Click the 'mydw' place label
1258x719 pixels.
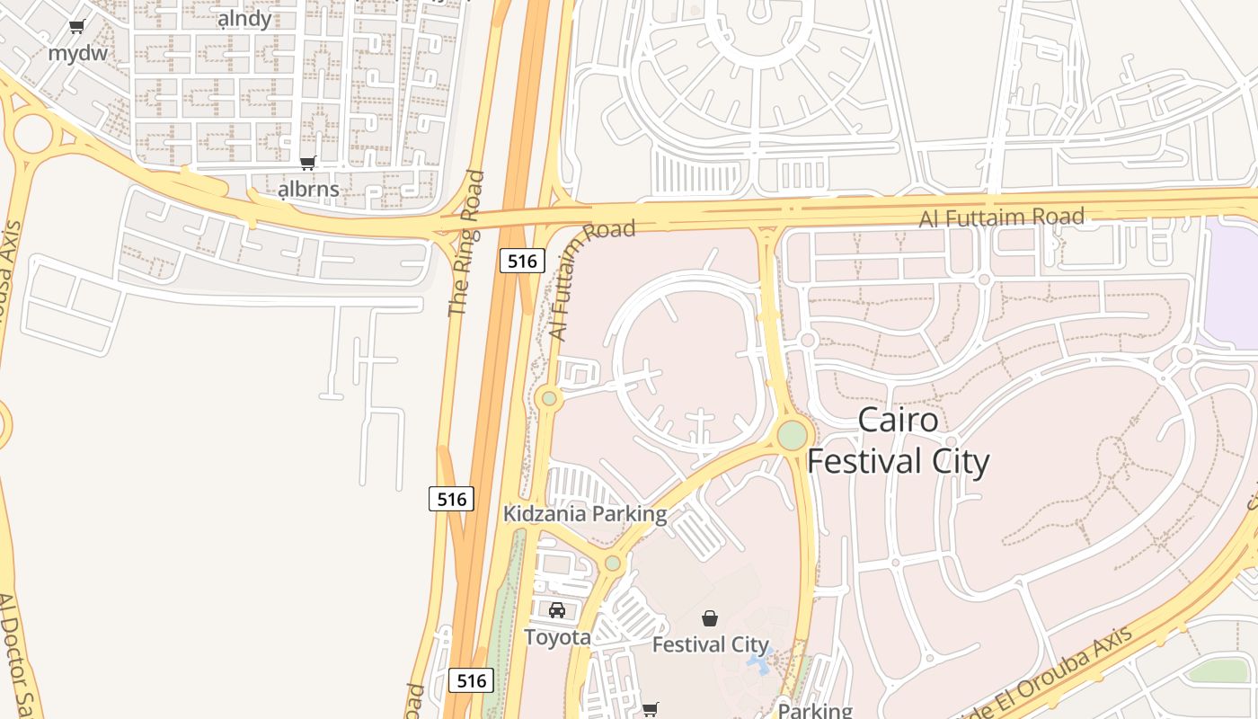(x=77, y=53)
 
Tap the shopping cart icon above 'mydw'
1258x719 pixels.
(x=77, y=27)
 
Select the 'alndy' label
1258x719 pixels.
(x=244, y=19)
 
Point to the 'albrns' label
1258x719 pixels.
(x=308, y=189)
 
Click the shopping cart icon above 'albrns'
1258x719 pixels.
(x=308, y=163)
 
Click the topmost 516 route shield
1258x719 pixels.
(x=522, y=262)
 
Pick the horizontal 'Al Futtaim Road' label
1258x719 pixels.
(x=1001, y=217)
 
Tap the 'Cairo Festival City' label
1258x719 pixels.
(x=898, y=440)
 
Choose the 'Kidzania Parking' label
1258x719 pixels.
(x=585, y=514)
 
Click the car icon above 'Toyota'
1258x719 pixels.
(x=557, y=610)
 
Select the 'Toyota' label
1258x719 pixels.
(x=557, y=637)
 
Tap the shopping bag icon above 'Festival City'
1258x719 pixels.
(x=710, y=618)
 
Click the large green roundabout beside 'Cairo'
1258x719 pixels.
(x=792, y=435)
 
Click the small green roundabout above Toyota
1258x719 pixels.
(x=612, y=564)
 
